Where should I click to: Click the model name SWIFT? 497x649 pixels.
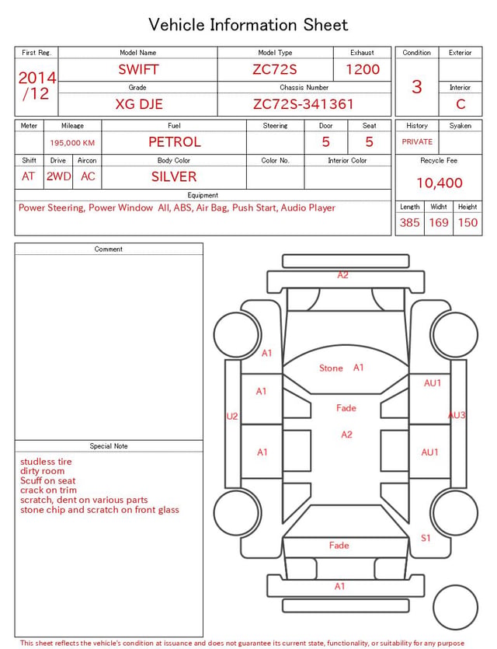click(x=138, y=69)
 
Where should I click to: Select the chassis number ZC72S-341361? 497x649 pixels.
click(x=304, y=104)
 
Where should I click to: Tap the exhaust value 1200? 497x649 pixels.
click(x=363, y=69)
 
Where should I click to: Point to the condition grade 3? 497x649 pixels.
click(x=417, y=87)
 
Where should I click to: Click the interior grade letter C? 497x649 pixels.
click(x=461, y=104)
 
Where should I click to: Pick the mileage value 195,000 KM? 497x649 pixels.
click(x=72, y=143)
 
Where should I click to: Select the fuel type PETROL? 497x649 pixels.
click(x=175, y=142)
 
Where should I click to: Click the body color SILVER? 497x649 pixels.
click(x=174, y=176)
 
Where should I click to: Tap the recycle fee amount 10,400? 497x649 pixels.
click(x=440, y=183)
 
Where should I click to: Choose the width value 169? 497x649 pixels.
click(x=439, y=222)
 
